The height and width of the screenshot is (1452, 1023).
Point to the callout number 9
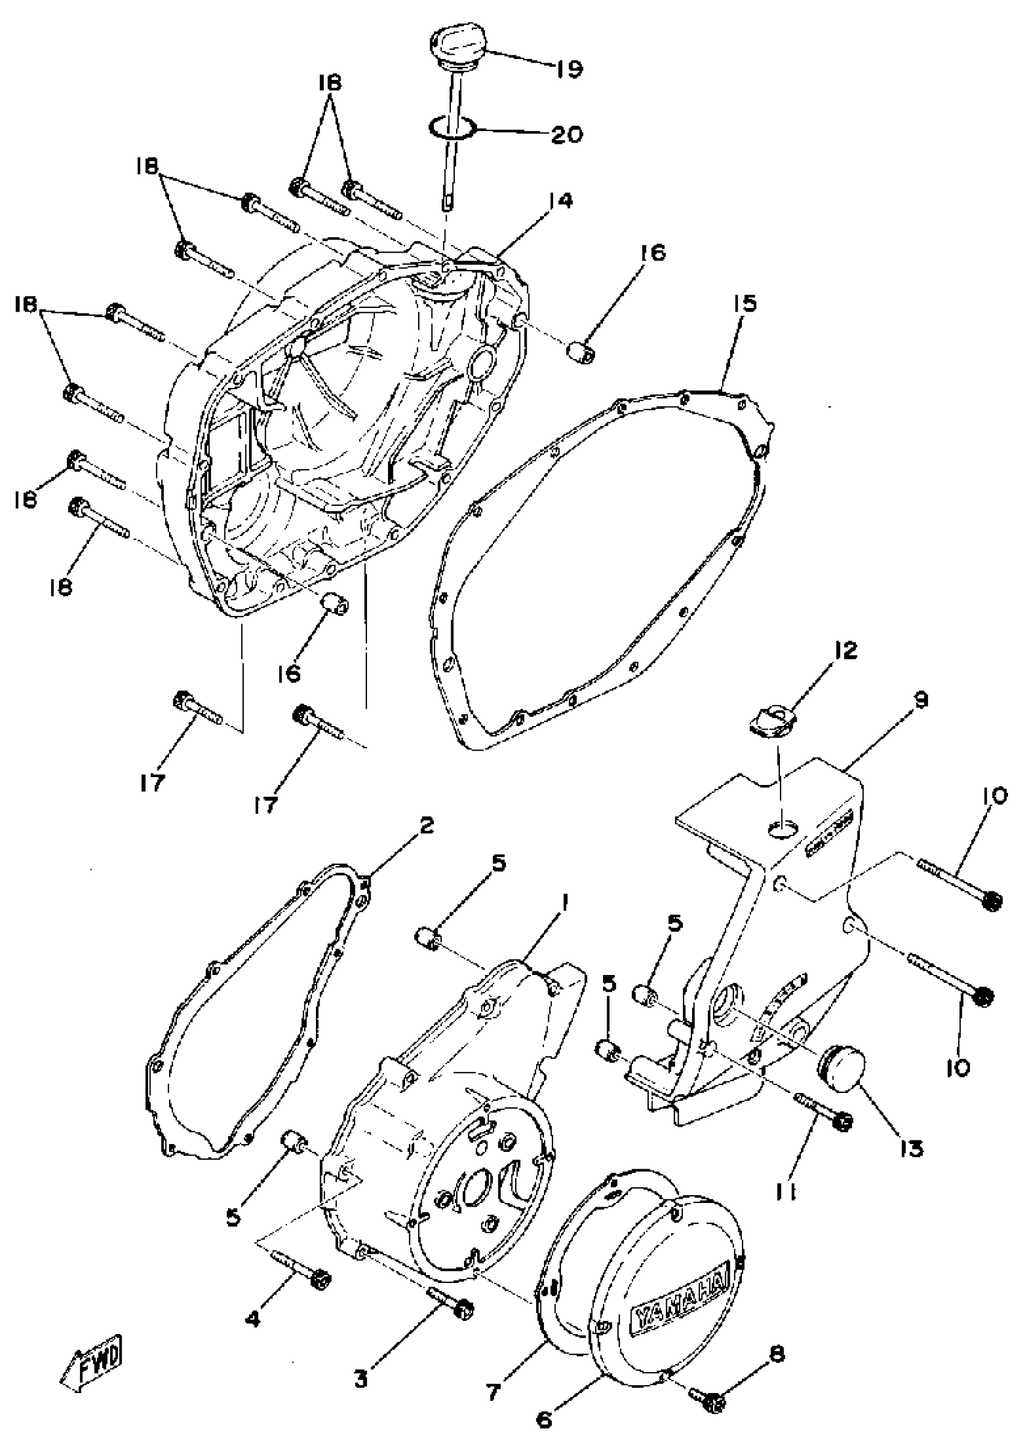(920, 700)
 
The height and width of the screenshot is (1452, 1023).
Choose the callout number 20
(566, 134)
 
